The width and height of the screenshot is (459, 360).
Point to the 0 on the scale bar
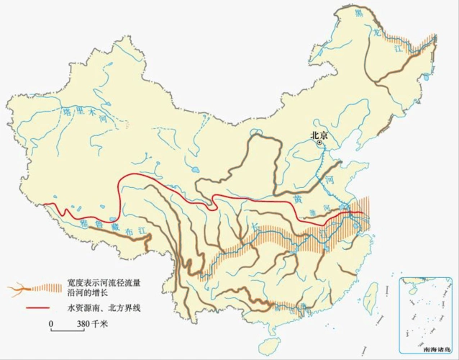click(x=51, y=323)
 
